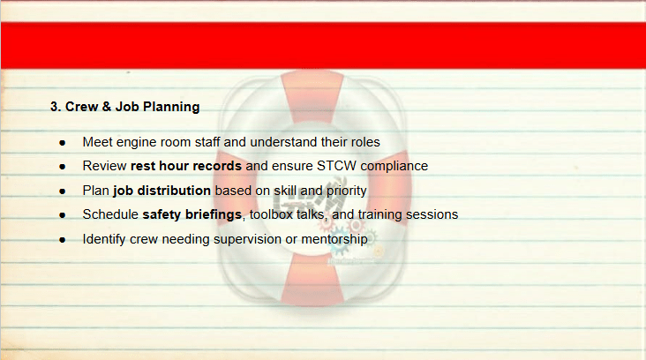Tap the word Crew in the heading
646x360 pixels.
(81, 107)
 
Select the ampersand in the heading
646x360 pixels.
(106, 107)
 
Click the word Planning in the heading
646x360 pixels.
(171, 107)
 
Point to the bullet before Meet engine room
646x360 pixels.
(62, 143)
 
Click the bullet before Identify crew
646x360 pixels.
(62, 240)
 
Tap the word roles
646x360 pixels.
(365, 142)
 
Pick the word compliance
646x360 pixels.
(394, 167)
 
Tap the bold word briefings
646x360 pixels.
(214, 215)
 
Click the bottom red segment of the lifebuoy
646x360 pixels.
(312, 280)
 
